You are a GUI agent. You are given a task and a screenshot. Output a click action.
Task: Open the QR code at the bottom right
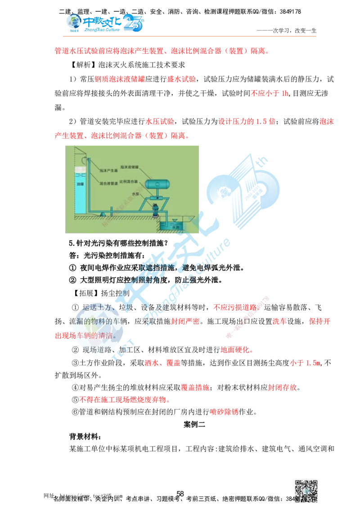306,491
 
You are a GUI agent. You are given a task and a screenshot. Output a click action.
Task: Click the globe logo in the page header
72,22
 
